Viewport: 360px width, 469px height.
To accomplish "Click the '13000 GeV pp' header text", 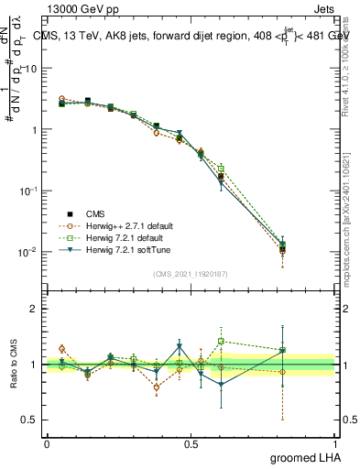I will pos(82,7).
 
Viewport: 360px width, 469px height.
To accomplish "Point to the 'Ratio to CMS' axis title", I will pos(16,365).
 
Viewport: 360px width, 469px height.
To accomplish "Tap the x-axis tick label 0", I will pos(48,444).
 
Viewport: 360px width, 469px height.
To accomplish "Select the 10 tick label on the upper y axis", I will pos(31,69).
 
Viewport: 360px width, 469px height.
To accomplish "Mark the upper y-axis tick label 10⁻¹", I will pos(29,191).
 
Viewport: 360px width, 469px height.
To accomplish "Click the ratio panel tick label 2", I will pos(34,309).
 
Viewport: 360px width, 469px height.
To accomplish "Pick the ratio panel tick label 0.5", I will pos(30,420).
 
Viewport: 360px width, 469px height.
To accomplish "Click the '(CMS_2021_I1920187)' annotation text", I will pos(191,273).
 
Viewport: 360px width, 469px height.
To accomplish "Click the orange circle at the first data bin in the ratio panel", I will pos(61,348).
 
